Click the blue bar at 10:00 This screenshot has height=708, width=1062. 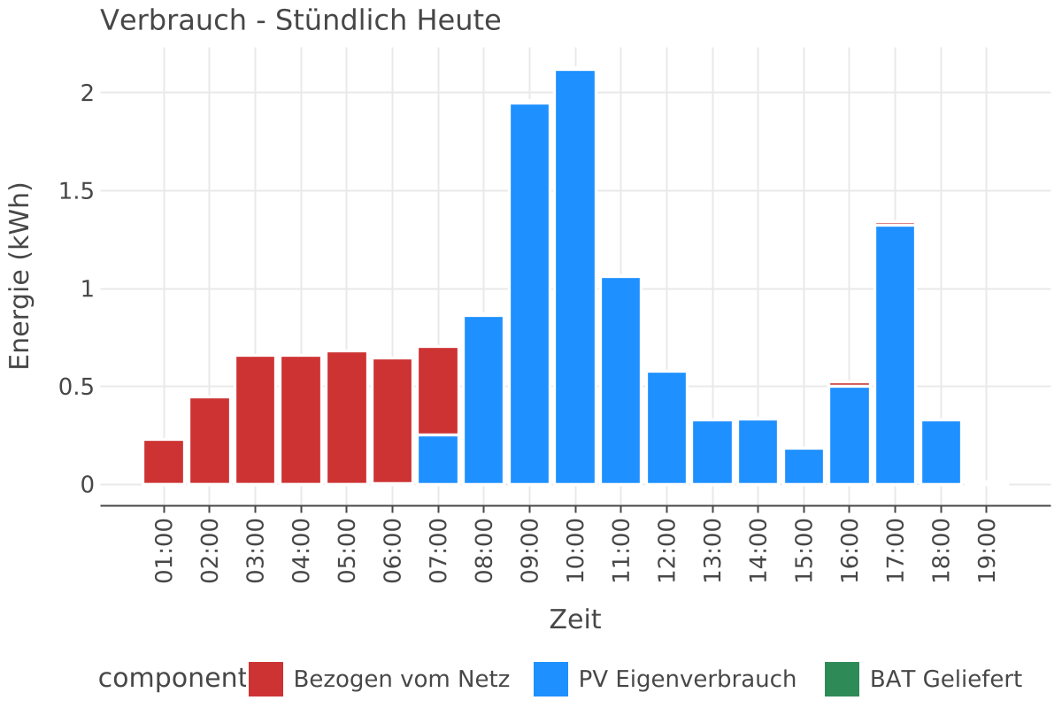pyautogui.click(x=575, y=276)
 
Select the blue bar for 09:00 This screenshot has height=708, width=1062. pyautogui.click(x=529, y=293)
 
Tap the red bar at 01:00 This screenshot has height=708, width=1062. pyautogui.click(x=164, y=461)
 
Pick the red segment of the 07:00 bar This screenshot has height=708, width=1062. pyautogui.click(x=438, y=390)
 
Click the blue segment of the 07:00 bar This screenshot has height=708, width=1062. pyautogui.click(x=438, y=458)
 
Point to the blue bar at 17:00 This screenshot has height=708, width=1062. pyautogui.click(x=895, y=354)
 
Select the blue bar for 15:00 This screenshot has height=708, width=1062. pyautogui.click(x=804, y=466)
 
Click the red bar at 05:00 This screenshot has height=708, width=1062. pyautogui.click(x=347, y=417)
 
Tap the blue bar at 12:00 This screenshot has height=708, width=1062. pyautogui.click(x=666, y=427)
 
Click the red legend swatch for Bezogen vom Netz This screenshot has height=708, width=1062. pyautogui.click(x=265, y=679)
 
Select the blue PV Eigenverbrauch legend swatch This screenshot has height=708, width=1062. pyautogui.click(x=550, y=679)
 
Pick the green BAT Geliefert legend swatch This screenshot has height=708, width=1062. pyautogui.click(x=842, y=679)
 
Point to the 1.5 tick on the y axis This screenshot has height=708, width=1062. pyautogui.click(x=76, y=191)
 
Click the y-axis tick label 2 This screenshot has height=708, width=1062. pyautogui.click(x=87, y=93)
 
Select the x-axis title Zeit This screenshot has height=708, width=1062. pyautogui.click(x=575, y=619)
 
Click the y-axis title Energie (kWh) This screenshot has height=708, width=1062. pyautogui.click(x=19, y=276)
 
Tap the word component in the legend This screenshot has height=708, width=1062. pyautogui.click(x=171, y=679)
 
